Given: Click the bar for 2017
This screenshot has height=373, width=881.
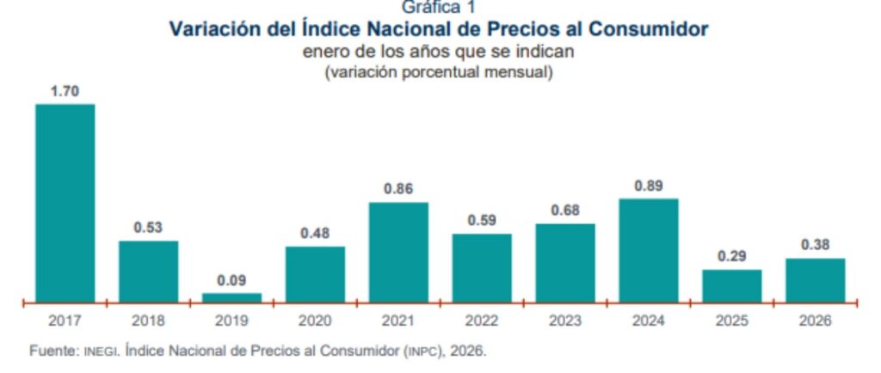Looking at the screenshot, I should point(65,203).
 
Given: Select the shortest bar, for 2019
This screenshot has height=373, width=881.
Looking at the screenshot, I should point(231,297).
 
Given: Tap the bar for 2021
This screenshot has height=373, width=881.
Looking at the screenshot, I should point(398,252).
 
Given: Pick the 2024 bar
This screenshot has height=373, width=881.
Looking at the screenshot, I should point(648,250).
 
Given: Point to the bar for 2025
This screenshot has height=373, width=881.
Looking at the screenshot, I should point(731,285).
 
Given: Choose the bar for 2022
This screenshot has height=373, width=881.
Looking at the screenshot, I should point(482,267).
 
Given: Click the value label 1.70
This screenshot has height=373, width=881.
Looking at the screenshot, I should point(65,90).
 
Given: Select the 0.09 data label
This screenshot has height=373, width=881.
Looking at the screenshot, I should point(231,279).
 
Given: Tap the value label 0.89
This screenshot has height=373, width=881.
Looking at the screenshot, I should point(648,185).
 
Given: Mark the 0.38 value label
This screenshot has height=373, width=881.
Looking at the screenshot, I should point(815,245).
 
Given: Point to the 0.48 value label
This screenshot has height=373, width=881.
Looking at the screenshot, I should point(315,233).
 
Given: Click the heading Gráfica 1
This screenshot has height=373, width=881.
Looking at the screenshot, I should point(439,8).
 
